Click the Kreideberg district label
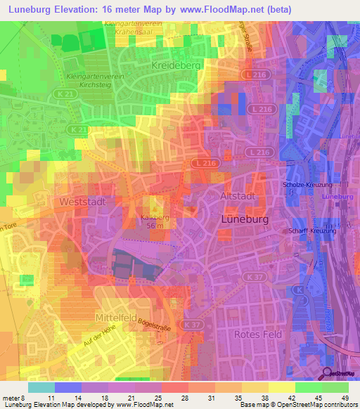pyautogui.click(x=176, y=65)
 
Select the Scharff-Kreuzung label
pyautogui.click(x=312, y=231)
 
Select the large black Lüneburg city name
pyautogui.click(x=246, y=219)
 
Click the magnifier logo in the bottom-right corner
pyautogui.click(x=326, y=374)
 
